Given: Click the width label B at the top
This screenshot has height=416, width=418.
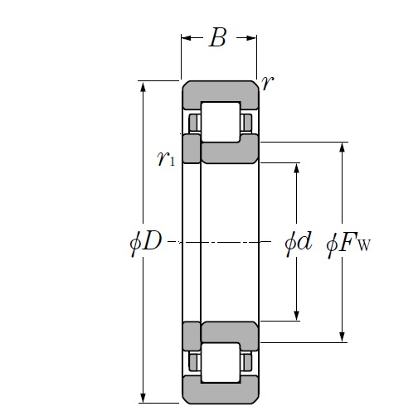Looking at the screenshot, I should click(217, 38).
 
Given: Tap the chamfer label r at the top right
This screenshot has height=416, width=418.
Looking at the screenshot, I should click(267, 82).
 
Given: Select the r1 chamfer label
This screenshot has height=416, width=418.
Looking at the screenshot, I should click(165, 159).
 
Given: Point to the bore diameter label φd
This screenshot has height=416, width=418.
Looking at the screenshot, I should click(298, 243).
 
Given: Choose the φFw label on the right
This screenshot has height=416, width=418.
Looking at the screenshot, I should click(348, 244).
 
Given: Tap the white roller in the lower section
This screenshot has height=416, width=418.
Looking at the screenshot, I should click(220, 363).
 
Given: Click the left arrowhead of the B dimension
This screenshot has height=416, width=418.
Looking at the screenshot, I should click(187, 38).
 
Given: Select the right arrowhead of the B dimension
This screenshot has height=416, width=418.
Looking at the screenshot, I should click(251, 38).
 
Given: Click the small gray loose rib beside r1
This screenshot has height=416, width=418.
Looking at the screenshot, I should click(191, 149).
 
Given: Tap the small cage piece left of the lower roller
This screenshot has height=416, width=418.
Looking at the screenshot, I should click(194, 362).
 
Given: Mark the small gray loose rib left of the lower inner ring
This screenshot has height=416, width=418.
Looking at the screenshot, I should click(191, 336).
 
